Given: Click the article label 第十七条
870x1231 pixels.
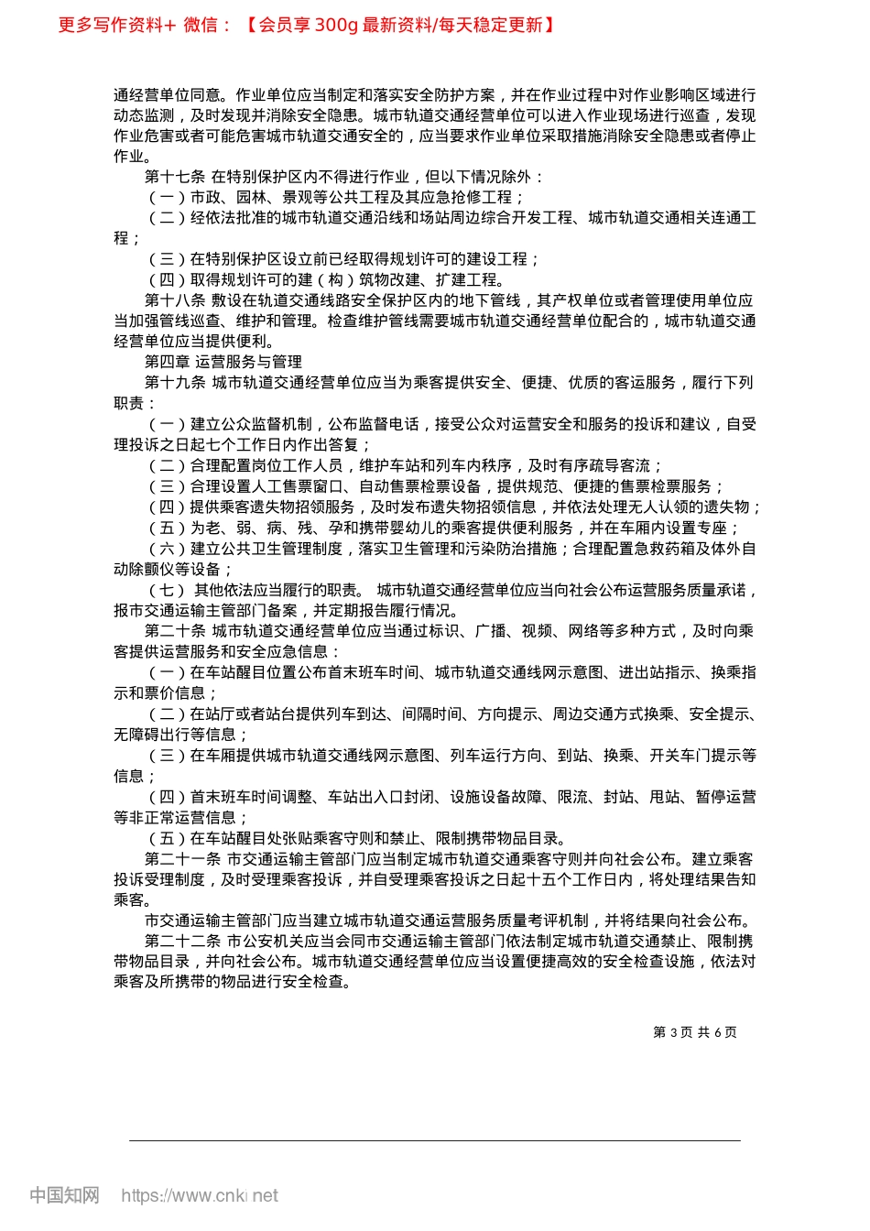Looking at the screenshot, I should point(175,177).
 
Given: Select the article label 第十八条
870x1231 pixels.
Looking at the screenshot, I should point(175,300).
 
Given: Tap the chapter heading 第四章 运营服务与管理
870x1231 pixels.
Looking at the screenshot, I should point(223,362).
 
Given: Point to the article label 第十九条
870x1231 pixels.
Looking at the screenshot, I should point(175,383).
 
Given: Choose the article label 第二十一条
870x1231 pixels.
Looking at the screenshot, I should point(182,859).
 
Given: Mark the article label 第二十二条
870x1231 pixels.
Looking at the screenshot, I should point(182,942).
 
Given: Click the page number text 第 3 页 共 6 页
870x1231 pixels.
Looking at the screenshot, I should point(695,1032).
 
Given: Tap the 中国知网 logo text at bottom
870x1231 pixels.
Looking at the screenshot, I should point(64,1195).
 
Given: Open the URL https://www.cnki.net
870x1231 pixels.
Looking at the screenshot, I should point(199,1195).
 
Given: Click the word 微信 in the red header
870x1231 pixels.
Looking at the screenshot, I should point(201,25).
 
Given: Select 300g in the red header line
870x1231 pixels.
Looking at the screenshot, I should point(335,25).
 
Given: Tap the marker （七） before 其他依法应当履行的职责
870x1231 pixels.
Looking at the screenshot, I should point(167,590).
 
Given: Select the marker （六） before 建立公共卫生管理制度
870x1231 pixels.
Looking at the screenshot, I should point(167,549).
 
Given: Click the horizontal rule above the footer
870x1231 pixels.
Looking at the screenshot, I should point(435,1140).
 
